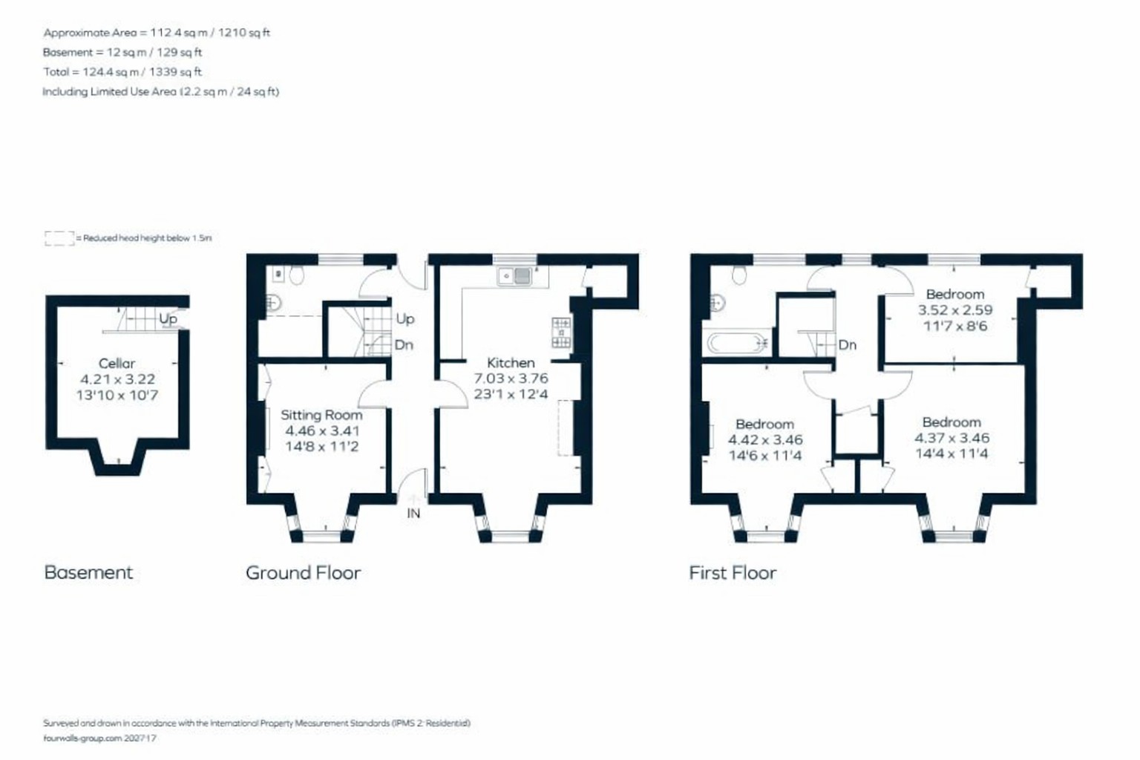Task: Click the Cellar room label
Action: [117, 364]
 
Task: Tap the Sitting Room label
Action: [321, 415]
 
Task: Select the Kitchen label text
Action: [511, 363]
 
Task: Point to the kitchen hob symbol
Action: [561, 333]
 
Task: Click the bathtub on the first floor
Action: [736, 343]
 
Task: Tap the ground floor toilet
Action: [296, 275]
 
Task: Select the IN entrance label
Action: [413, 514]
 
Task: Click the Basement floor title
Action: [88, 573]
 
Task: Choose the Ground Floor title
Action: [304, 573]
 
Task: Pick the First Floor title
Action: [733, 573]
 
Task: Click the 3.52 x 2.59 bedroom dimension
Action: [954, 310]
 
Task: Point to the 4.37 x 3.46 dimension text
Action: [951, 438]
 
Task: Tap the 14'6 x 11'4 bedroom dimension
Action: [765, 455]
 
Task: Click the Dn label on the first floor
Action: [848, 345]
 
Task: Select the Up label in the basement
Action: [168, 318]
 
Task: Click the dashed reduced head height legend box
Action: [59, 238]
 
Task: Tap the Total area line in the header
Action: [122, 72]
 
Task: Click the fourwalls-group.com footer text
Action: [99, 738]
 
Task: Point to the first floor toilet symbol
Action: [739, 275]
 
